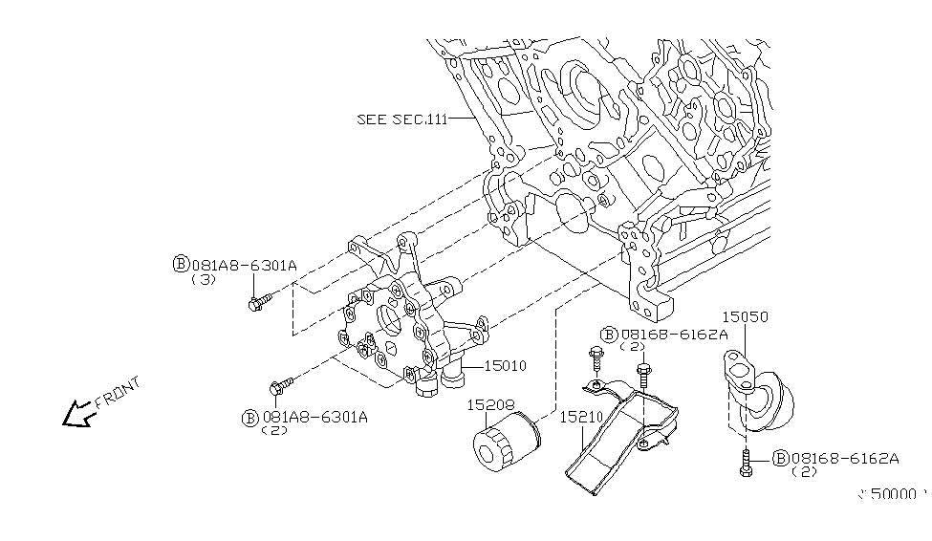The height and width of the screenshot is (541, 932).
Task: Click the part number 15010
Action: pos(506,365)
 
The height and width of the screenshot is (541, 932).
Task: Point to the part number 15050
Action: pos(745,316)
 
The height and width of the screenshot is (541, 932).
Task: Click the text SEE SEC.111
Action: pos(401,119)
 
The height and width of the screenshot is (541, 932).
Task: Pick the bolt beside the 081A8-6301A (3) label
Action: pos(258,304)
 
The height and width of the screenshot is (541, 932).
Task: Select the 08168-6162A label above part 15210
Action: pos(674,334)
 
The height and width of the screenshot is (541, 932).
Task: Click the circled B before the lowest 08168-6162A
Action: pos(779,459)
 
